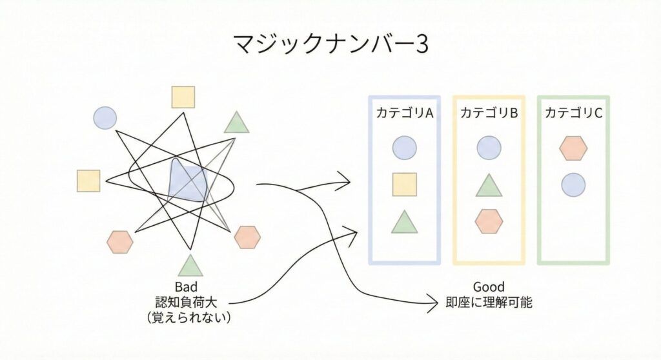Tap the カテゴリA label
click(x=404, y=113)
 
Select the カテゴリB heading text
click(x=489, y=113)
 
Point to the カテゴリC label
click(x=573, y=113)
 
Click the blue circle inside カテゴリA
click(x=404, y=148)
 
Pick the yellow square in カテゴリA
click(x=404, y=185)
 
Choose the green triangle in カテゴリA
click(x=404, y=222)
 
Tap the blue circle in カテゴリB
click(x=489, y=148)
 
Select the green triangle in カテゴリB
click(x=489, y=185)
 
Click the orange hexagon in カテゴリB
click(x=489, y=221)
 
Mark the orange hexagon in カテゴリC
click(x=573, y=148)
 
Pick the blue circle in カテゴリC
click(x=573, y=185)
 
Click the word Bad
click(x=186, y=288)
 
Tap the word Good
click(x=489, y=287)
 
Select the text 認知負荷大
click(x=186, y=302)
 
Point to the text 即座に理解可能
click(x=489, y=302)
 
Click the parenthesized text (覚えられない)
click(x=189, y=317)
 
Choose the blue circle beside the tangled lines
click(x=105, y=117)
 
